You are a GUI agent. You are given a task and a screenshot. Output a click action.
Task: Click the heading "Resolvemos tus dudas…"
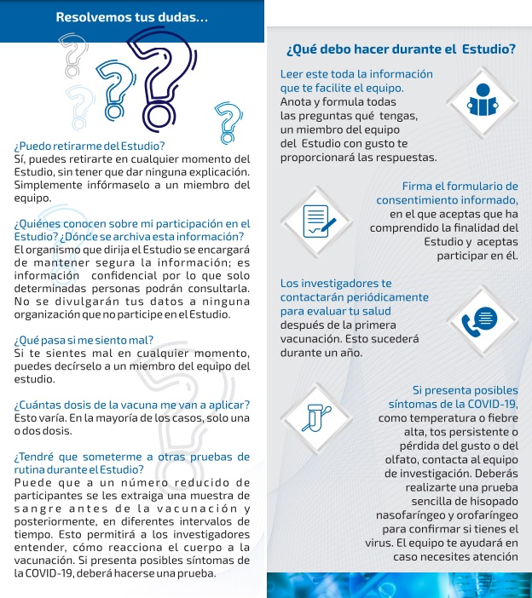[131, 17]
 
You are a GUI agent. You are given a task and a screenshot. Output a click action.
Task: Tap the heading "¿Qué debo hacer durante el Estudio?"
[401, 49]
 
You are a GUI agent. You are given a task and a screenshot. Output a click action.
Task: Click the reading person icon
[483, 101]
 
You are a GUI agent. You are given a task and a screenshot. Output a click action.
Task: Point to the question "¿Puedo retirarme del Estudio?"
[90, 146]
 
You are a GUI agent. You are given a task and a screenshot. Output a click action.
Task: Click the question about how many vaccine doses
[131, 404]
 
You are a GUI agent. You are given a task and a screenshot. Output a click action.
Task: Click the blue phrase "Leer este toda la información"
[356, 74]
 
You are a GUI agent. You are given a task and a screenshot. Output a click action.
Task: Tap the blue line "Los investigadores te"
[336, 283]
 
